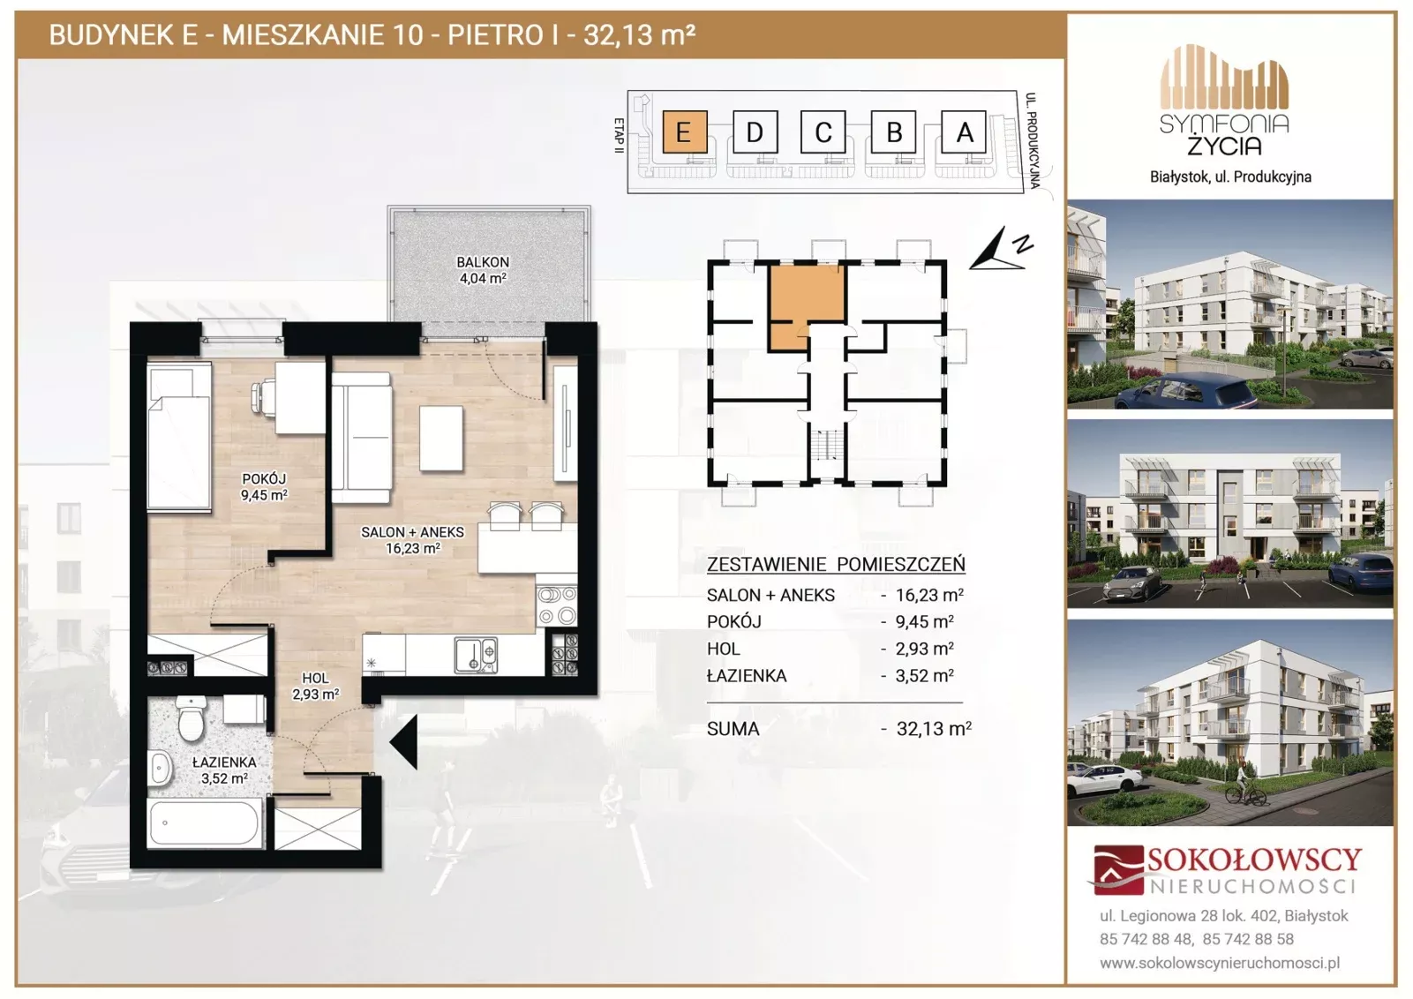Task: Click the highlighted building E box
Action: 684,131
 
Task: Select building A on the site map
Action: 963,131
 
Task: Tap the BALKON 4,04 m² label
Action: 483,270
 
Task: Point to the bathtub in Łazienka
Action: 203,822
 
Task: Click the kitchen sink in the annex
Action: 477,656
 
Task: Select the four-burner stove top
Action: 556,605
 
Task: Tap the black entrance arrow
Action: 403,742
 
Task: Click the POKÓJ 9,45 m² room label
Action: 264,487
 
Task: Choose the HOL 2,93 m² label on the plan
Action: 315,687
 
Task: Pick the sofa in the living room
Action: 361,437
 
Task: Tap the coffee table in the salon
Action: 441,438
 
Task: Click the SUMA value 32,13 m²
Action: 934,728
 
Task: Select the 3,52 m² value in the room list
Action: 924,675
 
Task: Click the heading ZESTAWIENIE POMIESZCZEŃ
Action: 836,564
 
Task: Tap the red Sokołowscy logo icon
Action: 1118,869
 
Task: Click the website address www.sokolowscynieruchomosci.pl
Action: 1220,963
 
